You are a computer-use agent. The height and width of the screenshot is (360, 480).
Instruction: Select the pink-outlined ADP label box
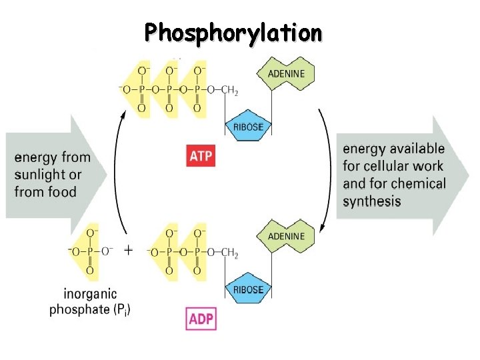pyautogui.click(x=201, y=319)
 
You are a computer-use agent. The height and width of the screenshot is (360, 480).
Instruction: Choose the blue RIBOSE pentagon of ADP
pyautogui.click(x=248, y=289)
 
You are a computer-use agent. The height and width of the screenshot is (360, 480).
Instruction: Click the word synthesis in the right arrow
pyautogui.click(x=372, y=201)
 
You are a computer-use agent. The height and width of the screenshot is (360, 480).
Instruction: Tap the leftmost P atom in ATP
pyautogui.click(x=141, y=89)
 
